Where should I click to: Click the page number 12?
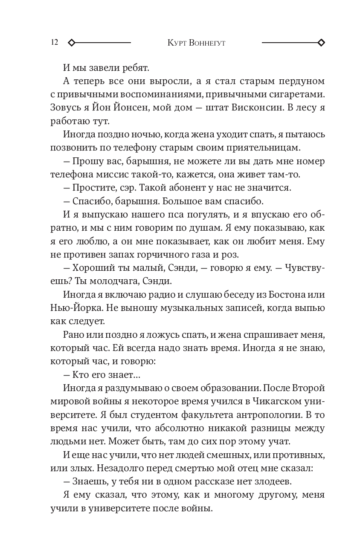[x=54, y=43]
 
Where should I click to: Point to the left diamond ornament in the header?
[x=72, y=43]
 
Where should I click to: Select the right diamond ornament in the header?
[x=321, y=43]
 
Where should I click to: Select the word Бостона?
[x=281, y=295]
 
